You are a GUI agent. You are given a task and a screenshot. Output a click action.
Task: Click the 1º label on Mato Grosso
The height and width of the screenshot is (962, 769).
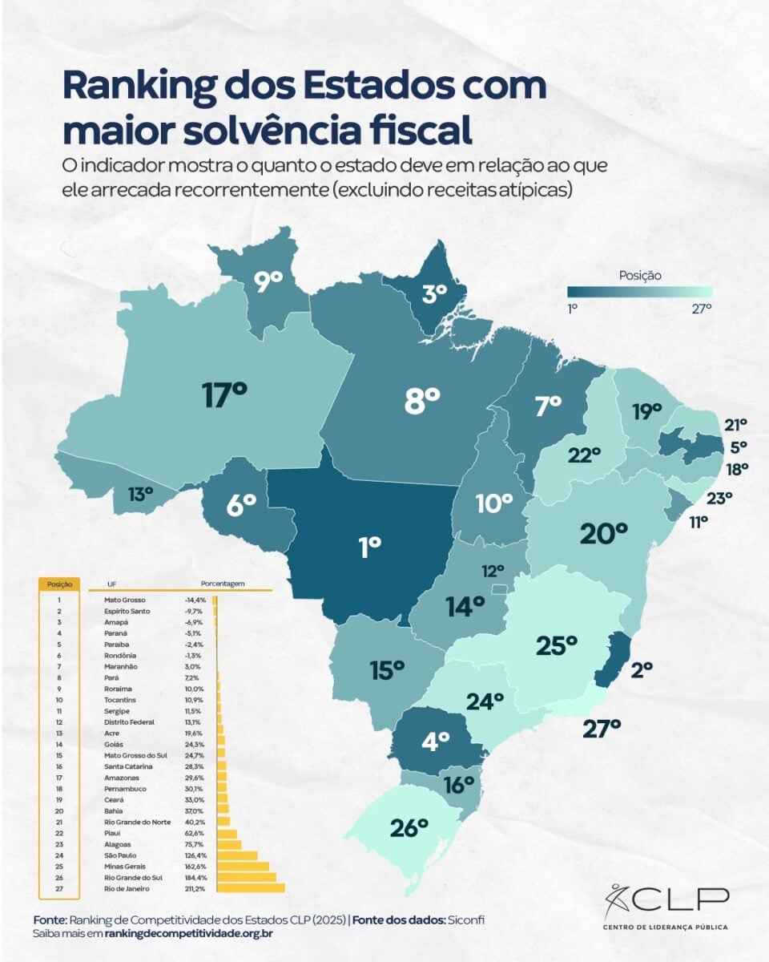[x=369, y=548]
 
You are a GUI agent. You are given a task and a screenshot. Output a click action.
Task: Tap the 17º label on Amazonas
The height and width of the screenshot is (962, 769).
[x=224, y=394]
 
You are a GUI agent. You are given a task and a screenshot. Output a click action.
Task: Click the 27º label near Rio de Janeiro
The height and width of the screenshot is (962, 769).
[x=601, y=728]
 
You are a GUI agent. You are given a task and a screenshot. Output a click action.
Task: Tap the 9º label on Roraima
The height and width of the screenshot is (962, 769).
[x=269, y=281]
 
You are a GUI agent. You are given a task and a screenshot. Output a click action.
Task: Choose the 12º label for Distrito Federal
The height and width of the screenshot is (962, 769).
[x=493, y=571]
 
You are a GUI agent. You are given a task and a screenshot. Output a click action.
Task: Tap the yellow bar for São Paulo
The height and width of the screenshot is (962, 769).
[x=237, y=855]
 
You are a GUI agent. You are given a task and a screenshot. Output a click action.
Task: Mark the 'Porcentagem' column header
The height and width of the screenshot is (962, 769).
[x=223, y=584]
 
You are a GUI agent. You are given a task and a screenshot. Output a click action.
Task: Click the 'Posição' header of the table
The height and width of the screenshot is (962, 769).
[x=60, y=584]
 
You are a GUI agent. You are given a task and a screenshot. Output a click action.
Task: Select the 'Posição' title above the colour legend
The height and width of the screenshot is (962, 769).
[x=640, y=276]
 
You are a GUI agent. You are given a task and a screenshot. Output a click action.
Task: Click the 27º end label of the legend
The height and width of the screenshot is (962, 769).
[x=700, y=308]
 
